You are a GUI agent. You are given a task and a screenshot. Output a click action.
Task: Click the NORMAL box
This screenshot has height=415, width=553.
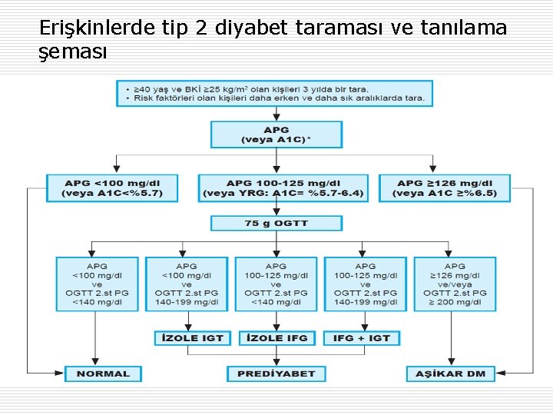pyautogui.click(x=103, y=374)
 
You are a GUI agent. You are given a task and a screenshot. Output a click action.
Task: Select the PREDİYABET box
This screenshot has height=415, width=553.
pyautogui.click(x=276, y=374)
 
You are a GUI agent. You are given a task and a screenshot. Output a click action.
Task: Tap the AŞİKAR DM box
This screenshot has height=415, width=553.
pyautogui.click(x=450, y=374)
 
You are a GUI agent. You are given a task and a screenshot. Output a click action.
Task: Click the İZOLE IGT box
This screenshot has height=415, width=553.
pyautogui.click(x=193, y=338)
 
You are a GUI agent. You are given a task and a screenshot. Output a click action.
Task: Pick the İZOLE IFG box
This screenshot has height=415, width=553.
pyautogui.click(x=276, y=338)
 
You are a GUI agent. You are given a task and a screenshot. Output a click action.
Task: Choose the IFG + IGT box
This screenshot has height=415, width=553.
pyautogui.click(x=362, y=338)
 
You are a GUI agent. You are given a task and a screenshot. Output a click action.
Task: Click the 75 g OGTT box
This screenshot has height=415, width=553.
pyautogui.click(x=276, y=224)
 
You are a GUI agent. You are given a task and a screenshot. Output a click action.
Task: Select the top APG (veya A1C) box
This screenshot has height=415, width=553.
pyautogui.click(x=276, y=134)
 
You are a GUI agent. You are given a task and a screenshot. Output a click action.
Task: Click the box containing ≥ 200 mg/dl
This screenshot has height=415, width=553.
pyautogui.click(x=455, y=284)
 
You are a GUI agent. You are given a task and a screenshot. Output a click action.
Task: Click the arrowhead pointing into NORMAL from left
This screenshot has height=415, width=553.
pyautogui.click(x=61, y=374)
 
